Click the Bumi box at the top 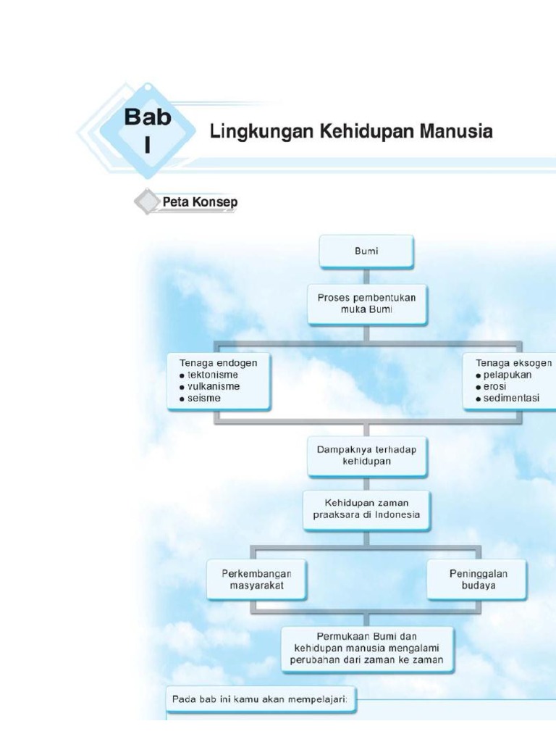[366, 251]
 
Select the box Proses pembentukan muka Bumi [366, 303]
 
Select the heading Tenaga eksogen [513, 363]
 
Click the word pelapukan [507, 375]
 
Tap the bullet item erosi [496, 386]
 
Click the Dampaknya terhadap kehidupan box [366, 455]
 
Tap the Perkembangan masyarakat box [259, 580]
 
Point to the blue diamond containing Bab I [147, 130]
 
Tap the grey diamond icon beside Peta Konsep [148, 202]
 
